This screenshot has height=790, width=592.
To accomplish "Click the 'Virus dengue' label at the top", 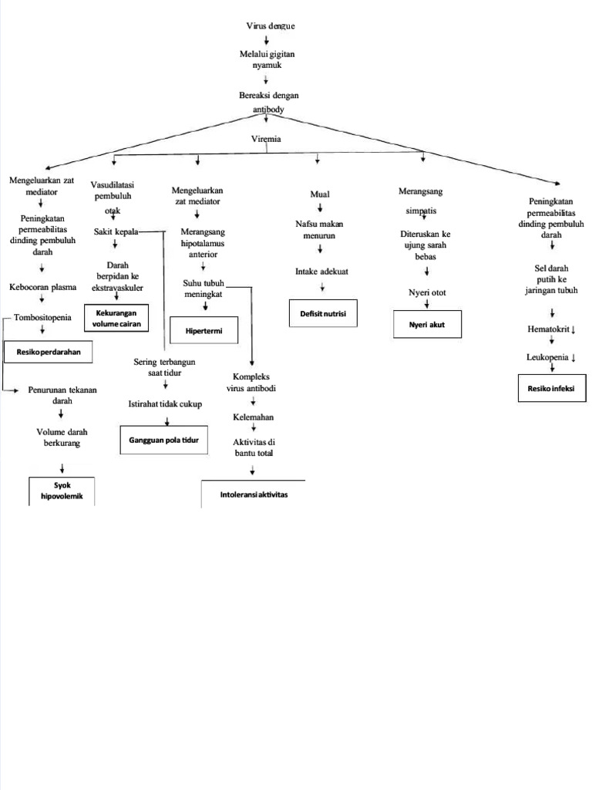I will (x=270, y=26).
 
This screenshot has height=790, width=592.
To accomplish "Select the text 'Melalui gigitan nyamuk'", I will (x=266, y=59).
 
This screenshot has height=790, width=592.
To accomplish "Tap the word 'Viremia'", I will (x=266, y=139).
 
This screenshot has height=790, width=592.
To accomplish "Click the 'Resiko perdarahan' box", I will (x=49, y=352).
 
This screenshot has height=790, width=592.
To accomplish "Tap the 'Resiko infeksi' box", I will (x=552, y=387).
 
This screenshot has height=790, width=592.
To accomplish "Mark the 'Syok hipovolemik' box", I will (x=62, y=491).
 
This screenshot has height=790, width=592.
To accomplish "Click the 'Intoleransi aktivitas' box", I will (x=253, y=494).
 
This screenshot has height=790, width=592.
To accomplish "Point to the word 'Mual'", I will (x=320, y=194).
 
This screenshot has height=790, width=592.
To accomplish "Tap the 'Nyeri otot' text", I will (x=427, y=292).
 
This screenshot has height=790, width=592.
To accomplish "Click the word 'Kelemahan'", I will (x=254, y=417).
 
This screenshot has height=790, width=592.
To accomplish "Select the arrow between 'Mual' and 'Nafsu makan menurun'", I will (x=320, y=208).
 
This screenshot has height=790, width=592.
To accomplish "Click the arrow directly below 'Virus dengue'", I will (x=267, y=40).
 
